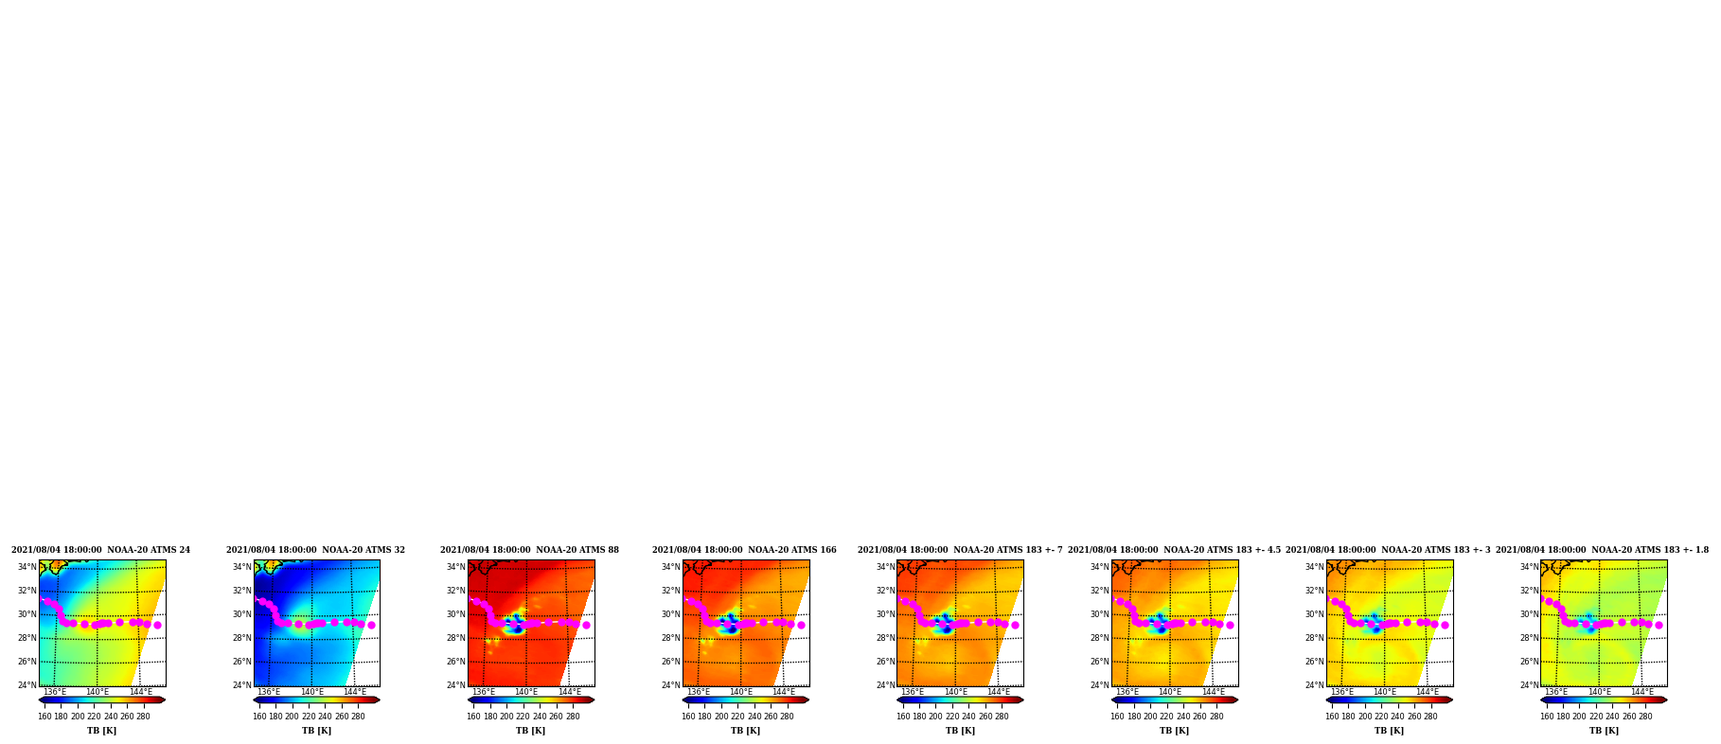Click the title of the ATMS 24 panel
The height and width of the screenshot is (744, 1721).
100,550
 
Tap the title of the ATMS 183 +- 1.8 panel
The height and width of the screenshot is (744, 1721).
1603,550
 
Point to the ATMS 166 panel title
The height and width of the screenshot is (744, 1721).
744,550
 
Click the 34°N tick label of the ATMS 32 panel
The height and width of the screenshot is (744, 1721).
242,567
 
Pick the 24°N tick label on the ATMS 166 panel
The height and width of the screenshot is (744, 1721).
671,685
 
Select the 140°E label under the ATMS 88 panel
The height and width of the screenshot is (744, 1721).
526,692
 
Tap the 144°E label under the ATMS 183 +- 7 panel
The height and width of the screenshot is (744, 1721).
999,692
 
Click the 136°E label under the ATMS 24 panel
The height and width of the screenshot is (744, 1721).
55,692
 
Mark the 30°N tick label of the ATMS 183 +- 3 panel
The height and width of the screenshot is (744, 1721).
1315,614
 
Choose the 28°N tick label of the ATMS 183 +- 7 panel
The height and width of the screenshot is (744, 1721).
886,638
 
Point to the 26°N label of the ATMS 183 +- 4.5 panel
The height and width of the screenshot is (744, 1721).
1100,662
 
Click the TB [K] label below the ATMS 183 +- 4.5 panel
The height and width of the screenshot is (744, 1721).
1175,731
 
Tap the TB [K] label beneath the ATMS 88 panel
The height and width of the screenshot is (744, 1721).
531,731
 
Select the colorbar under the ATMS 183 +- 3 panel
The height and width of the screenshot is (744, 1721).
1390,700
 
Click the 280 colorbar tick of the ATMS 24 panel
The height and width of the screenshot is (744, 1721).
143,717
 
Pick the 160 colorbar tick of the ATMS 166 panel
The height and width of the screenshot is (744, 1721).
688,717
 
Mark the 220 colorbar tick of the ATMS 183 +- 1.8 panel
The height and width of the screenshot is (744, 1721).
1596,717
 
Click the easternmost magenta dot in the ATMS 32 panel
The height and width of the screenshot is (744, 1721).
371,625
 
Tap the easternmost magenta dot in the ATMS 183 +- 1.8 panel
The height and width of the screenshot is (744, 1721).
1659,625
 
